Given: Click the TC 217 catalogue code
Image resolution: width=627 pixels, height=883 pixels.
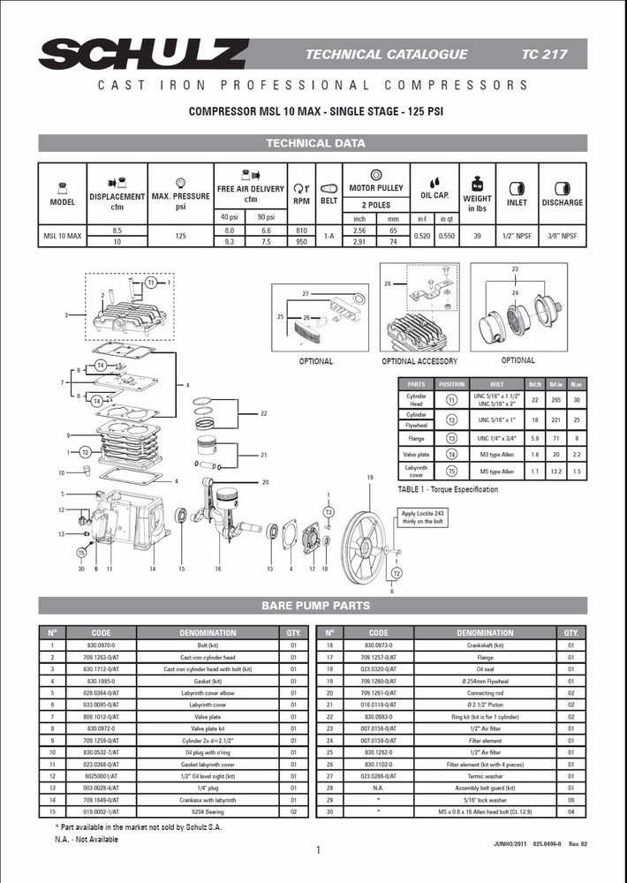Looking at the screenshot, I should click(544, 54).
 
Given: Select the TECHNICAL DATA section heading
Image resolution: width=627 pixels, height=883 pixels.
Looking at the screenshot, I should click(314, 143).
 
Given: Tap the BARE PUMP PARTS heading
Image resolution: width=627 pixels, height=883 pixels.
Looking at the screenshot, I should click(314, 606).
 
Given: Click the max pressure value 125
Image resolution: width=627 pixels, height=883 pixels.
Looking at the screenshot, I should click(181, 236).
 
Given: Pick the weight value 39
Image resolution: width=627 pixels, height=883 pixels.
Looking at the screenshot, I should click(477, 236).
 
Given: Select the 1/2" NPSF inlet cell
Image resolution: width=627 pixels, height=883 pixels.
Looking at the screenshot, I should click(517, 236).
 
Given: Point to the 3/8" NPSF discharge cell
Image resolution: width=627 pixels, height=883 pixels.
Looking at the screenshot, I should click(562, 236).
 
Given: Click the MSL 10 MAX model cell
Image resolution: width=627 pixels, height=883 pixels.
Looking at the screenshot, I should click(63, 236).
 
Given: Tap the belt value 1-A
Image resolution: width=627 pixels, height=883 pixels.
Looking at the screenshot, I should click(329, 236).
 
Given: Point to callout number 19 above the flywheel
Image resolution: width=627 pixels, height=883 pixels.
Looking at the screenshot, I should click(371, 478).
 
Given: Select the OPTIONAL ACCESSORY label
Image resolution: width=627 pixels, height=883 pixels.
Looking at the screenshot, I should click(419, 361).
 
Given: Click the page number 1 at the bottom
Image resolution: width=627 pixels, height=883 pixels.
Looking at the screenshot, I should click(317, 850).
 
